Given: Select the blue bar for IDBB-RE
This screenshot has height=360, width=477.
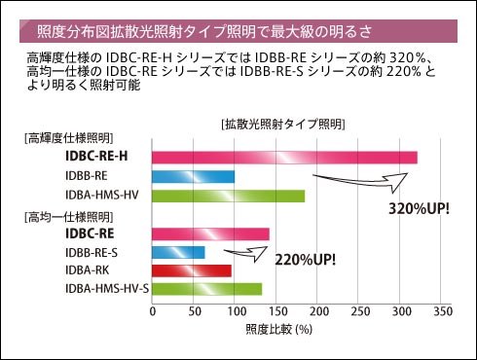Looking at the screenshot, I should coord(194,176).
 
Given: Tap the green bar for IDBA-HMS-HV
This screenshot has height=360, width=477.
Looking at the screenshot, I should coord(229,195).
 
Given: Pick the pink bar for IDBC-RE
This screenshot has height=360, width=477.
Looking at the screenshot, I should coord(210,234).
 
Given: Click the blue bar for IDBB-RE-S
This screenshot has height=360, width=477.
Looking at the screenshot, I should coord(178,252).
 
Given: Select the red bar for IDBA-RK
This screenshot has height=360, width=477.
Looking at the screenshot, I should coord(192,270).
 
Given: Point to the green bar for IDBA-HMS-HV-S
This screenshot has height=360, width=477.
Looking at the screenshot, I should coord(207,289).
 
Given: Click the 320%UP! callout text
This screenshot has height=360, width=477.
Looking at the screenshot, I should coord(419,208).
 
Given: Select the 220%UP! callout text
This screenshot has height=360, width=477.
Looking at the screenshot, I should coord(306,260).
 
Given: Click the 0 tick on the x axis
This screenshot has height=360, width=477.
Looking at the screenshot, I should coord(152,312).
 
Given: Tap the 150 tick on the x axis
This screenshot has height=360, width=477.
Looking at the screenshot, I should coord(276,312).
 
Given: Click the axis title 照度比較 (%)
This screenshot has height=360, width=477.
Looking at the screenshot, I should coord(277,330).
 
